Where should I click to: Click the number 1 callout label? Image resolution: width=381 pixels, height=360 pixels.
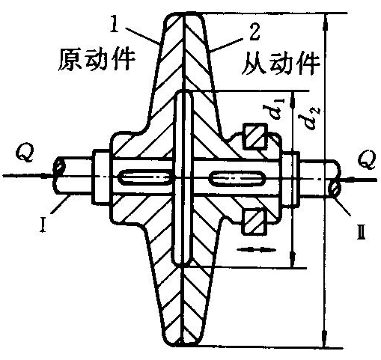coord(115,25)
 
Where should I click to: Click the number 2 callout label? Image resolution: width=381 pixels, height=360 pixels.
coord(254,32)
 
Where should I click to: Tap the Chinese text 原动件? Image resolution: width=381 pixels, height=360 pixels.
coord(97,60)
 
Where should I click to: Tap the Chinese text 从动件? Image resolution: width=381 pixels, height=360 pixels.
coord(281,64)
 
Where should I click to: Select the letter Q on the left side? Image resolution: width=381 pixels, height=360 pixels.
coord(25,153)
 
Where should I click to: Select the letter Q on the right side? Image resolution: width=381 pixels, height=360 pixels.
coord(367,159)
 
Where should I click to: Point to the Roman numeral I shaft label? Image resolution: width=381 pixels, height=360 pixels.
coord(43,225)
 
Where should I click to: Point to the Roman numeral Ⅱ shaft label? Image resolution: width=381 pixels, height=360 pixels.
coord(362,232)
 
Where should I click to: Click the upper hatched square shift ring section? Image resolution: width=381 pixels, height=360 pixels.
coord(255,136)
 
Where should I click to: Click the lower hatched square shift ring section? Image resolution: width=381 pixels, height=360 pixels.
coord(255,222)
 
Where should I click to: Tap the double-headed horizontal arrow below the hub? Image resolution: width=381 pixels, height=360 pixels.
coord(255,249)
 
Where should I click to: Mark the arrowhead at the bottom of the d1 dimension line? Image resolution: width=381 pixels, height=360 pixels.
coord(293,260)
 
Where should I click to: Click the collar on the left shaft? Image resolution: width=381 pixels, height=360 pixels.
coord(102,176)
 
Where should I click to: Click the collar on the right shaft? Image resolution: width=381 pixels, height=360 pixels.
coord(290,179)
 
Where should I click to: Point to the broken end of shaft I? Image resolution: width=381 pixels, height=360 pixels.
coord(58,176)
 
